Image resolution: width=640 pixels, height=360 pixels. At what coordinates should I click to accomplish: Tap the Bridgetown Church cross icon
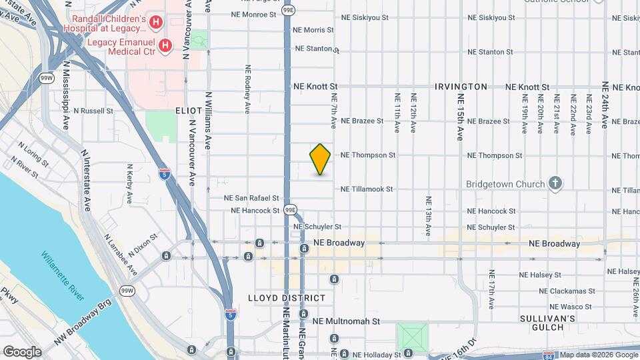(555, 183)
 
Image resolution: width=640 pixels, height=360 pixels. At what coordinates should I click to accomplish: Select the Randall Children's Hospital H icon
(155, 23)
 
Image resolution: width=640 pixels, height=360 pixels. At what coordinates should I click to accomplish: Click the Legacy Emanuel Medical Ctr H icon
(166, 45)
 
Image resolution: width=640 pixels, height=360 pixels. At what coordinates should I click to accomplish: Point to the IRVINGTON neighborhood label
(461, 87)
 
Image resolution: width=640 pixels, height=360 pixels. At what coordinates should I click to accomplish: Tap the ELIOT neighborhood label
(189, 110)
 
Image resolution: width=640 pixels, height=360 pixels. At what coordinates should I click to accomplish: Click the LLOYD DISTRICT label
(287, 298)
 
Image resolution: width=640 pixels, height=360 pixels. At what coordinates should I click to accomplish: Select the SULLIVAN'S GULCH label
(549, 323)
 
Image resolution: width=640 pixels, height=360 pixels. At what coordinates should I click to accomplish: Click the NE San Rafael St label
(251, 198)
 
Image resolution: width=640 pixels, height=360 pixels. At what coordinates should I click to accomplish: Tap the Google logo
(22, 351)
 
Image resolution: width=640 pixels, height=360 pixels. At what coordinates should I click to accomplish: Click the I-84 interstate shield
(548, 356)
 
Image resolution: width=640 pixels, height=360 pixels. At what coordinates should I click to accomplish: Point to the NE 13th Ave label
(429, 217)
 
